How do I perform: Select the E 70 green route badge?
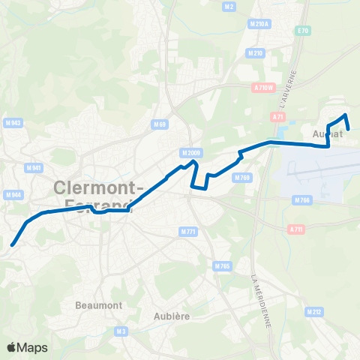(303, 30)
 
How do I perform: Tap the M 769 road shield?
(241, 178)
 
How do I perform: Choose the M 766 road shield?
(302, 199)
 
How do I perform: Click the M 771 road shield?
(188, 232)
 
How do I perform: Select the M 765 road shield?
(221, 266)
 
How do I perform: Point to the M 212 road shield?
(314, 311)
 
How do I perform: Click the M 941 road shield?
(33, 168)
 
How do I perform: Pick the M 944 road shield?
(12, 195)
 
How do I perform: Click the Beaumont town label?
(94, 306)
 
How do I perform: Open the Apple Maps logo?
(27, 347)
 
